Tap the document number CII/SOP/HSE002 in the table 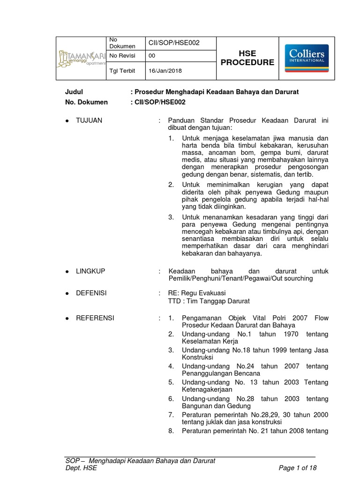(x=174, y=43)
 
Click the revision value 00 (x=152, y=56)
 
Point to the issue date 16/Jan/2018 (x=165, y=71)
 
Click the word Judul (x=74, y=91)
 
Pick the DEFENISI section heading (x=91, y=293)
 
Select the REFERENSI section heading (x=95, y=318)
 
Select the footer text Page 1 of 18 (x=298, y=468)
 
